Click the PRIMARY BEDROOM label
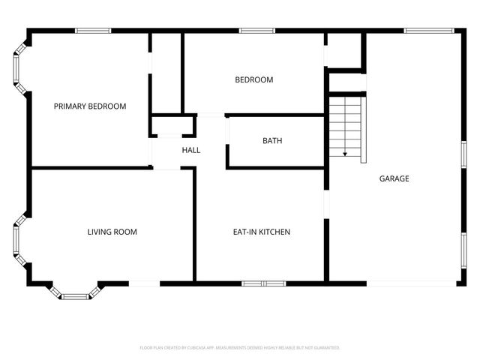pos(90,106)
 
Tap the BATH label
pos(272,141)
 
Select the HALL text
pos(191,150)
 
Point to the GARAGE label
pos(394,178)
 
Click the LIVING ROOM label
pos(112,232)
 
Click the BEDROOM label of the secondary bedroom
pos(253,79)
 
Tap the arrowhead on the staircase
pos(345,153)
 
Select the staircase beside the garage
pos(346,127)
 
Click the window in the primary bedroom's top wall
pos(93,31)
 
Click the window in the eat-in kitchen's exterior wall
pos(263,283)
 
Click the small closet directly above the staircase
pos(345,51)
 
